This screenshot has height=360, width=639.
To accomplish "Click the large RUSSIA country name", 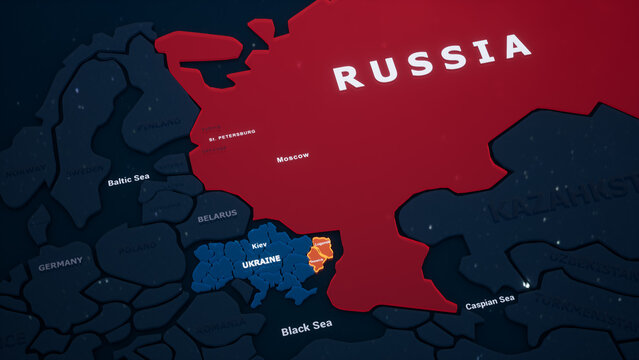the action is click(x=431, y=61).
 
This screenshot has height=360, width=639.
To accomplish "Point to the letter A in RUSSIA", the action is click(x=516, y=46).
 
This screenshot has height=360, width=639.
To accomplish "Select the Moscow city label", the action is click(x=292, y=157).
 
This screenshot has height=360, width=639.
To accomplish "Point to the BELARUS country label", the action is click(x=217, y=215).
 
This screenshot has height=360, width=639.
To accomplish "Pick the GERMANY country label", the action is click(x=61, y=266).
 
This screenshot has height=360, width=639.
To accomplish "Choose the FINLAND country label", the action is click(x=160, y=126).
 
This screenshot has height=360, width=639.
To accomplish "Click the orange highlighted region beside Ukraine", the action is click(x=321, y=254).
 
